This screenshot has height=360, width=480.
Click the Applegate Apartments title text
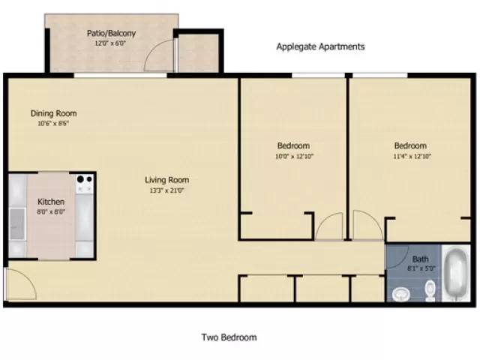click(x=320, y=46)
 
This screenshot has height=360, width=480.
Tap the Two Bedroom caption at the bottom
click(x=229, y=337)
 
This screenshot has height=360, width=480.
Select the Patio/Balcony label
click(x=112, y=33)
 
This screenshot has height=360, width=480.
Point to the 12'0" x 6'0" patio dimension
click(x=112, y=43)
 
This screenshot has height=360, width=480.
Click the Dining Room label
click(x=53, y=113)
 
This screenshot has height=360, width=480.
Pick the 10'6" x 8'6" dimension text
click(x=53, y=124)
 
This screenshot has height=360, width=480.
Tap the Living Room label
click(x=166, y=180)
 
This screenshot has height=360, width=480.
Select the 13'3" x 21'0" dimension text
click(x=166, y=190)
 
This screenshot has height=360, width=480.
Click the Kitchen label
click(x=51, y=202)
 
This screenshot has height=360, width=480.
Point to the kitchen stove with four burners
click(x=83, y=181)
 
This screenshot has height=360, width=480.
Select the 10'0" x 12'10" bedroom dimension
click(x=293, y=157)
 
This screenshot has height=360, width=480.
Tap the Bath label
click(x=420, y=260)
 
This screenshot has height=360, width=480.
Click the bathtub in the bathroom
click(x=454, y=275)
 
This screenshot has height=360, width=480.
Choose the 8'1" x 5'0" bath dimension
click(x=420, y=268)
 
